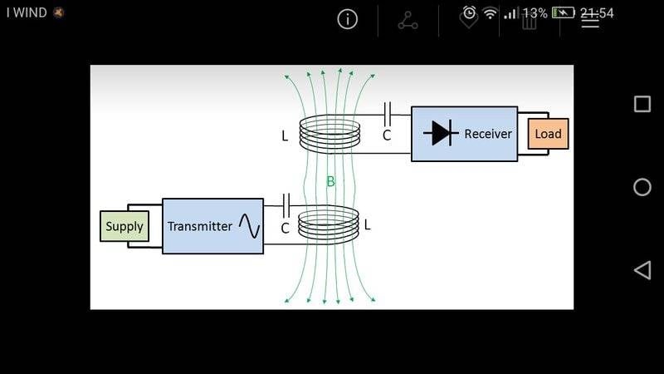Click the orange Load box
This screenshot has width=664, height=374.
point(548,134)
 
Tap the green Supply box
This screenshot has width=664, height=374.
point(124,226)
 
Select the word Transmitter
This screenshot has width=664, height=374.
point(200,226)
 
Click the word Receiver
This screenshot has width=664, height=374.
point(488,134)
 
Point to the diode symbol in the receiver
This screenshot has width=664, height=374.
point(441,133)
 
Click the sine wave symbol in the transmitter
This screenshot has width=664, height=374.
point(249,225)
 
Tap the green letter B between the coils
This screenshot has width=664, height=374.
point(330,181)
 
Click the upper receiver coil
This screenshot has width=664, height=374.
point(330,134)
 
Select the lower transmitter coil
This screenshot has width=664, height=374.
point(329,225)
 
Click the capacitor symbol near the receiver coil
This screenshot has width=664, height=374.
point(387,112)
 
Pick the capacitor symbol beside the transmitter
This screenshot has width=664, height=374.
point(286,204)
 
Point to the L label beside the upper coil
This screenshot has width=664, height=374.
point(285,135)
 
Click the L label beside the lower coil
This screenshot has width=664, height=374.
point(368,224)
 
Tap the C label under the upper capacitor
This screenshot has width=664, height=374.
point(387,135)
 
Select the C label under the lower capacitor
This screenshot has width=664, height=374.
point(285,228)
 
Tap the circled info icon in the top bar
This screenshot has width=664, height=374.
point(347,19)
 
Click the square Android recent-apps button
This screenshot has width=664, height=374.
point(642,104)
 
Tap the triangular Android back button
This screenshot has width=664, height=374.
point(642,269)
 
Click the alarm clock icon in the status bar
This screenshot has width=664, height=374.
point(470,12)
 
